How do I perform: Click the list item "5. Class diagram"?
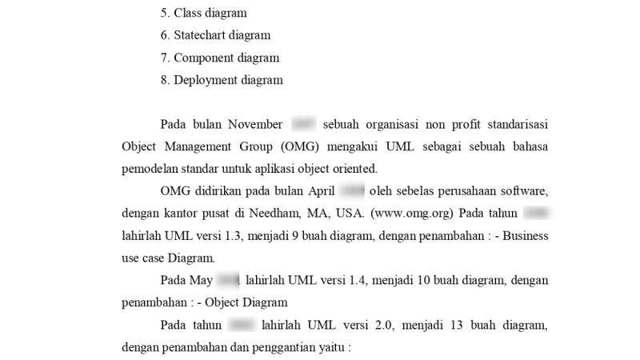pyautogui.click(x=204, y=14)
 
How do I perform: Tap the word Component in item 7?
pyautogui.click(x=204, y=58)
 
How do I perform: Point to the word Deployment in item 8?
pyautogui.click(x=207, y=80)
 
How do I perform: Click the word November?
pyautogui.click(x=255, y=125)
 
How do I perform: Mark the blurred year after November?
pyautogui.click(x=303, y=125)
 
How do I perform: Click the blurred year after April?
pyautogui.click(x=352, y=192)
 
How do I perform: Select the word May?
pyautogui.click(x=202, y=282)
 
